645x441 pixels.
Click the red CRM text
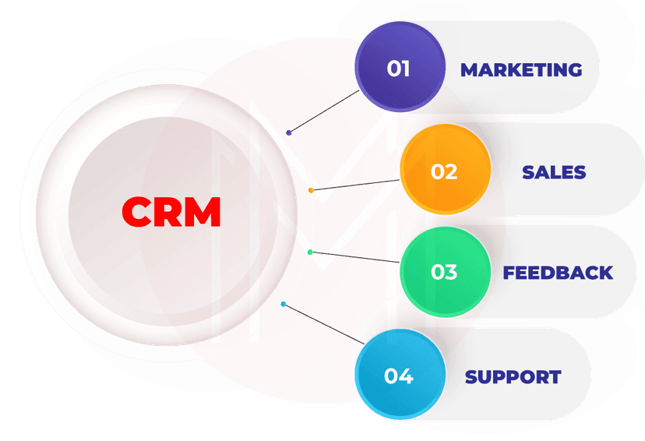point(171,212)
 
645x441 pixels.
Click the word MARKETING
point(521,69)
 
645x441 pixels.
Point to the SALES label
point(554,171)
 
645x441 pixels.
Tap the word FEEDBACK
point(558,273)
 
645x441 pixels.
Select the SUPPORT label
point(513,377)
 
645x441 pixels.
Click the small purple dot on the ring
point(289,132)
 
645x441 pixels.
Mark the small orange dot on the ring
point(311,190)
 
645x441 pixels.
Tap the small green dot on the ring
point(310,252)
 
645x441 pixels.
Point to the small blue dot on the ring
point(283,304)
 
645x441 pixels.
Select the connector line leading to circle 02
point(355,185)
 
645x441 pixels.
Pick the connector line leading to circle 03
point(355,257)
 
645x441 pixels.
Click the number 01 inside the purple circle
point(398,69)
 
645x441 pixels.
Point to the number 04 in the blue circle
point(398,376)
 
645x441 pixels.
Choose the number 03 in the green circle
point(444,273)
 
